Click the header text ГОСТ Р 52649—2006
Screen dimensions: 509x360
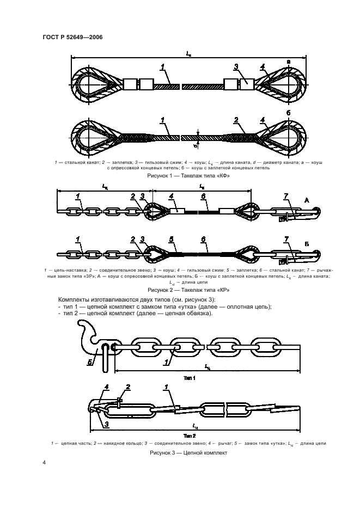point(72,37)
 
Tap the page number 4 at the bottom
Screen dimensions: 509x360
point(45,462)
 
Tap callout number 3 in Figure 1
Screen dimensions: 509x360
point(236,67)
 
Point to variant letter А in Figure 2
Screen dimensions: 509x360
point(307,200)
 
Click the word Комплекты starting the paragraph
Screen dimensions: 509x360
point(79,300)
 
